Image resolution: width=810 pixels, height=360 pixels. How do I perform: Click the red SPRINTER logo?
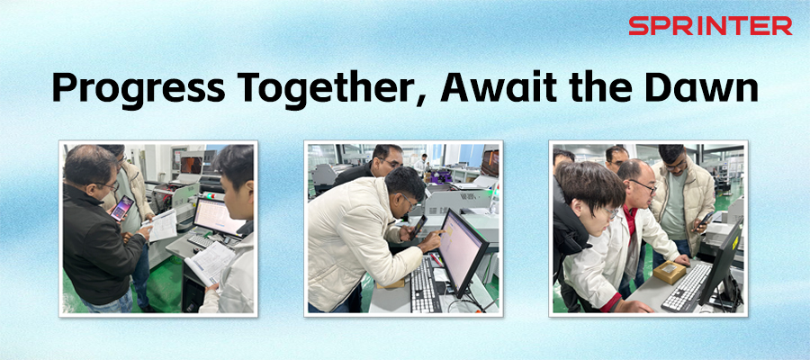click(x=710, y=26)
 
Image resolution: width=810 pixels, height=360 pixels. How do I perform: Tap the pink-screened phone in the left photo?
click(x=121, y=208)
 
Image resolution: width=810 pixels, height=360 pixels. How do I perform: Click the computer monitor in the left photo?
click(x=218, y=216)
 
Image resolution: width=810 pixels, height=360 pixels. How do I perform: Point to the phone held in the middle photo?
click(x=418, y=224)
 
